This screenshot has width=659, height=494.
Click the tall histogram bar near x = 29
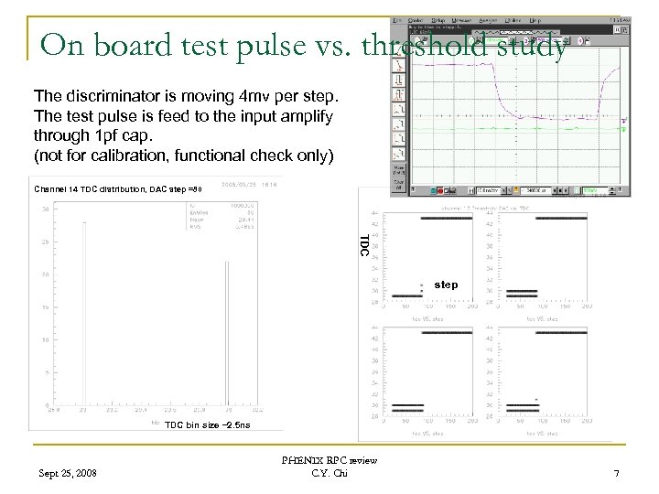[85, 311]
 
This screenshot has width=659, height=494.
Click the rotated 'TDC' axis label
[364, 245]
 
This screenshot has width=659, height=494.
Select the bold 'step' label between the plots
[446, 285]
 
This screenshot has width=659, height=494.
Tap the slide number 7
[617, 473]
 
